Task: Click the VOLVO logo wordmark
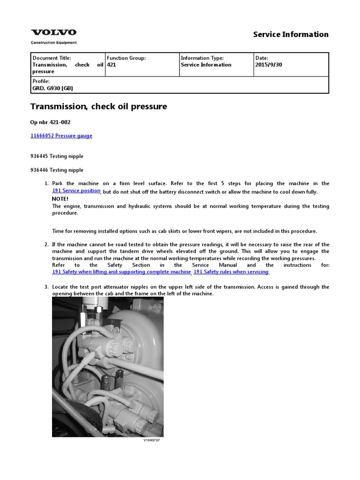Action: (53, 32)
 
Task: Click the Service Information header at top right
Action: (291, 34)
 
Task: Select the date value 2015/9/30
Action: (269, 65)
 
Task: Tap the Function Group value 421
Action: (112, 65)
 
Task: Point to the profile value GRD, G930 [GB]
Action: (52, 88)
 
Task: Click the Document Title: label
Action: (52, 58)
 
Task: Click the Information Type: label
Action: (202, 58)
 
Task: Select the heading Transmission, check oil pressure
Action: (98, 106)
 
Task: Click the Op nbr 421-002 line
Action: (51, 122)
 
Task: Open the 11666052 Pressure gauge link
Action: (61, 135)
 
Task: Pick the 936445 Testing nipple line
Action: (57, 156)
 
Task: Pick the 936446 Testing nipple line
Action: (57, 170)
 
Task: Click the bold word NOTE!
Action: (60, 199)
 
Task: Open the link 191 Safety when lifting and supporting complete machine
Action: (121, 272)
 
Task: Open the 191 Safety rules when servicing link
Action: (231, 272)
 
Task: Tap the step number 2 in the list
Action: (46, 245)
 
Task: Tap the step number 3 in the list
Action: (46, 287)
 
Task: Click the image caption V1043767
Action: (151, 440)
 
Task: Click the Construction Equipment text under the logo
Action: (53, 43)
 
